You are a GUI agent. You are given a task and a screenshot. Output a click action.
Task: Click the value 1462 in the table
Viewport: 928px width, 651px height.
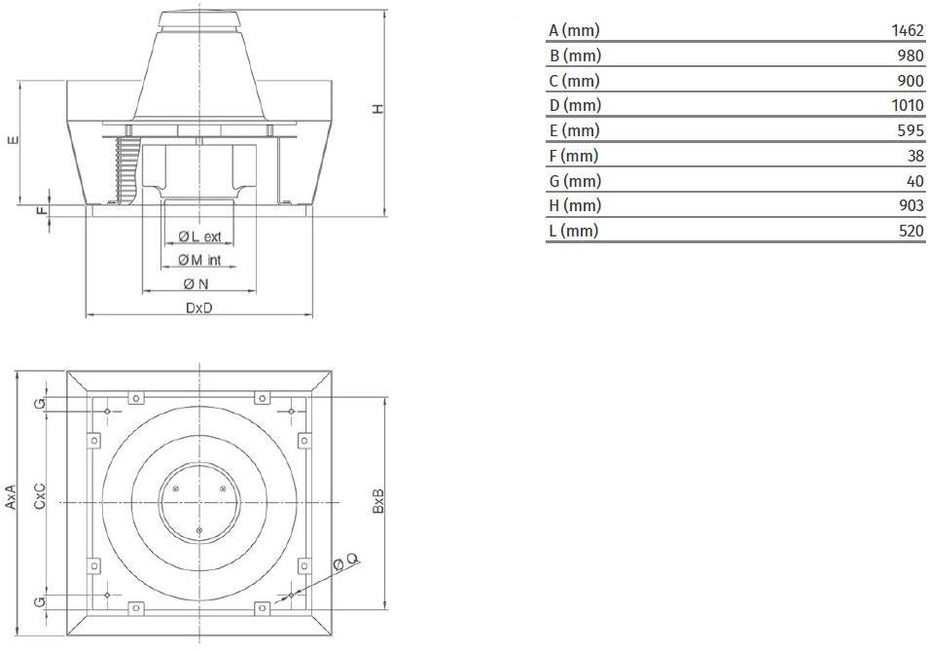pos(908,30)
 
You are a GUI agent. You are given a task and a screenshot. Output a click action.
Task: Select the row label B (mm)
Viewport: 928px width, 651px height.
pos(575,55)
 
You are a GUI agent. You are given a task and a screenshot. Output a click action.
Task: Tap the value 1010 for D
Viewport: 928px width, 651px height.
pos(908,105)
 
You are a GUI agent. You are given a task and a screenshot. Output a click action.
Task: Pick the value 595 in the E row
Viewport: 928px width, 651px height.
pos(910,130)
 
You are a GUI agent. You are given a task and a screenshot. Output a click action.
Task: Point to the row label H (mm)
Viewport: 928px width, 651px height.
pos(575,205)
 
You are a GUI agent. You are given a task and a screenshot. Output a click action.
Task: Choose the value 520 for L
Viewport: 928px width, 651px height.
pos(910,231)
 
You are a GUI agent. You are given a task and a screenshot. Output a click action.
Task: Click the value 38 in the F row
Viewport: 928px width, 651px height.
pos(915,156)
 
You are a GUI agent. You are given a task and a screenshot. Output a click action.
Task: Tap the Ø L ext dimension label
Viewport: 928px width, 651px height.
pos(200,236)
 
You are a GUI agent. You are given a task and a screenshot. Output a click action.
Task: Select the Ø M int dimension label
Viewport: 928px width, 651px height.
pos(199,260)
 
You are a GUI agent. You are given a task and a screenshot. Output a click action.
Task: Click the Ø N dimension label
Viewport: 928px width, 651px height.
pos(196,284)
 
